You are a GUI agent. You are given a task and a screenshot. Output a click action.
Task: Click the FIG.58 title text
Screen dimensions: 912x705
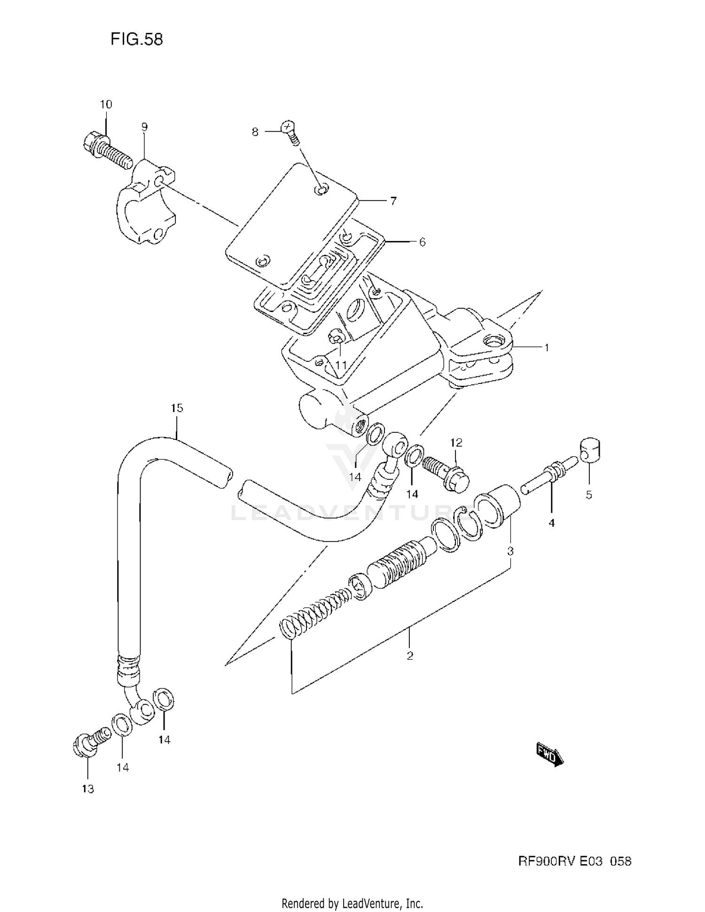(x=136, y=39)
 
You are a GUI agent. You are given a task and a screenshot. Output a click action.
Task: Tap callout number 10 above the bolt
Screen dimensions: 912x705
(x=106, y=104)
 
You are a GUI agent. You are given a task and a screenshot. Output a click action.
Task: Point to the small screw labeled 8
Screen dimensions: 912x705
(x=289, y=131)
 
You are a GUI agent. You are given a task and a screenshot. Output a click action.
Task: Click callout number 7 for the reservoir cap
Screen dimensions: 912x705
(x=393, y=201)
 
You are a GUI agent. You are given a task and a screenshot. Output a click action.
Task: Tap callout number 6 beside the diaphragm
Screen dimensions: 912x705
(x=422, y=242)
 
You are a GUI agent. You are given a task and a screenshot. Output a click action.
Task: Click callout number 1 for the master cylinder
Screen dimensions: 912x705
(x=547, y=348)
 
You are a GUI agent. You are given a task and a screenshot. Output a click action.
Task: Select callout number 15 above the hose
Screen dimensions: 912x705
(x=177, y=408)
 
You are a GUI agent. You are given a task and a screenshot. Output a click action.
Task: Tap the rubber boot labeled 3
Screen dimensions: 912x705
(x=501, y=507)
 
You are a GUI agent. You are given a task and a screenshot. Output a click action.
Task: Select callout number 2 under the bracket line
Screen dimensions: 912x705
(x=410, y=655)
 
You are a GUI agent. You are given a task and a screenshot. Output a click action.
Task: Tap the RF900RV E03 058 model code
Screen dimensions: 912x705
(x=575, y=861)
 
